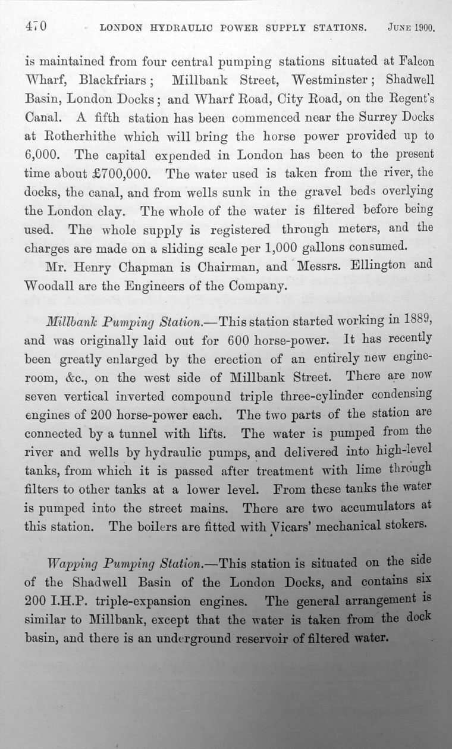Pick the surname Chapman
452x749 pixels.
(x=146, y=267)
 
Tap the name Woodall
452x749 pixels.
(x=53, y=286)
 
